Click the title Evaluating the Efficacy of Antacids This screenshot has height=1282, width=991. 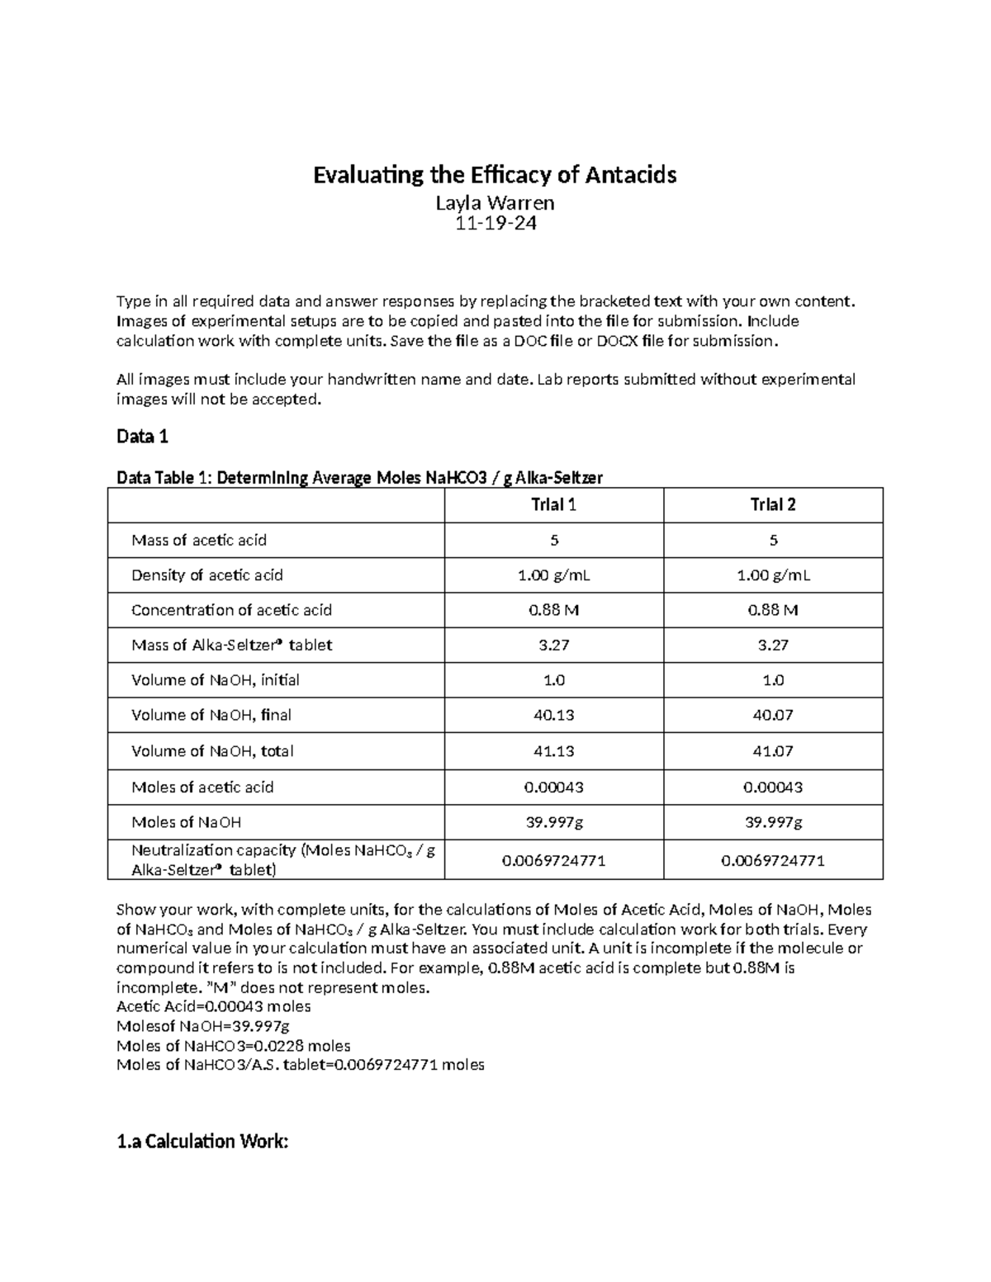(495, 175)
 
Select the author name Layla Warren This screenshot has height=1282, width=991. (495, 202)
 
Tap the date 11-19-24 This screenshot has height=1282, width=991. (495, 223)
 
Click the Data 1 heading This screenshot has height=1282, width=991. (142, 437)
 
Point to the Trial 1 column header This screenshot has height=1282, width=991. (553, 505)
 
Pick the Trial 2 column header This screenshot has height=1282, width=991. (773, 505)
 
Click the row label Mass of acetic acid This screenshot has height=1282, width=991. (199, 541)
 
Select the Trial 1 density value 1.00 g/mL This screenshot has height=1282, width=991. (553, 575)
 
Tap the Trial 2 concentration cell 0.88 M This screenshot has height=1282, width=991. (773, 610)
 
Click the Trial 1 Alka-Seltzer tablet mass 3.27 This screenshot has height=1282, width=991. (553, 646)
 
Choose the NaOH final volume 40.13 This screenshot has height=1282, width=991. (553, 716)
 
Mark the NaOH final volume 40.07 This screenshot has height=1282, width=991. (773, 716)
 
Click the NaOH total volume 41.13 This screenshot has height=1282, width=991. (553, 751)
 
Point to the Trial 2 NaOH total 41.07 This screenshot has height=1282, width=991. (773, 751)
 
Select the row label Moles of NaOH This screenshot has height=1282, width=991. (187, 822)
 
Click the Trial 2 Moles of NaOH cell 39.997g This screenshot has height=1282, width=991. (773, 822)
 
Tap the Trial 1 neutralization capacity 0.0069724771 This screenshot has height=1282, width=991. (553, 860)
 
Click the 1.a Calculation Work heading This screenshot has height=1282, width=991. (202, 1142)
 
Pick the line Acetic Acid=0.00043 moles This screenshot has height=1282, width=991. (214, 1006)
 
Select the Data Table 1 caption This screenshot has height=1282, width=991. (359, 478)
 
